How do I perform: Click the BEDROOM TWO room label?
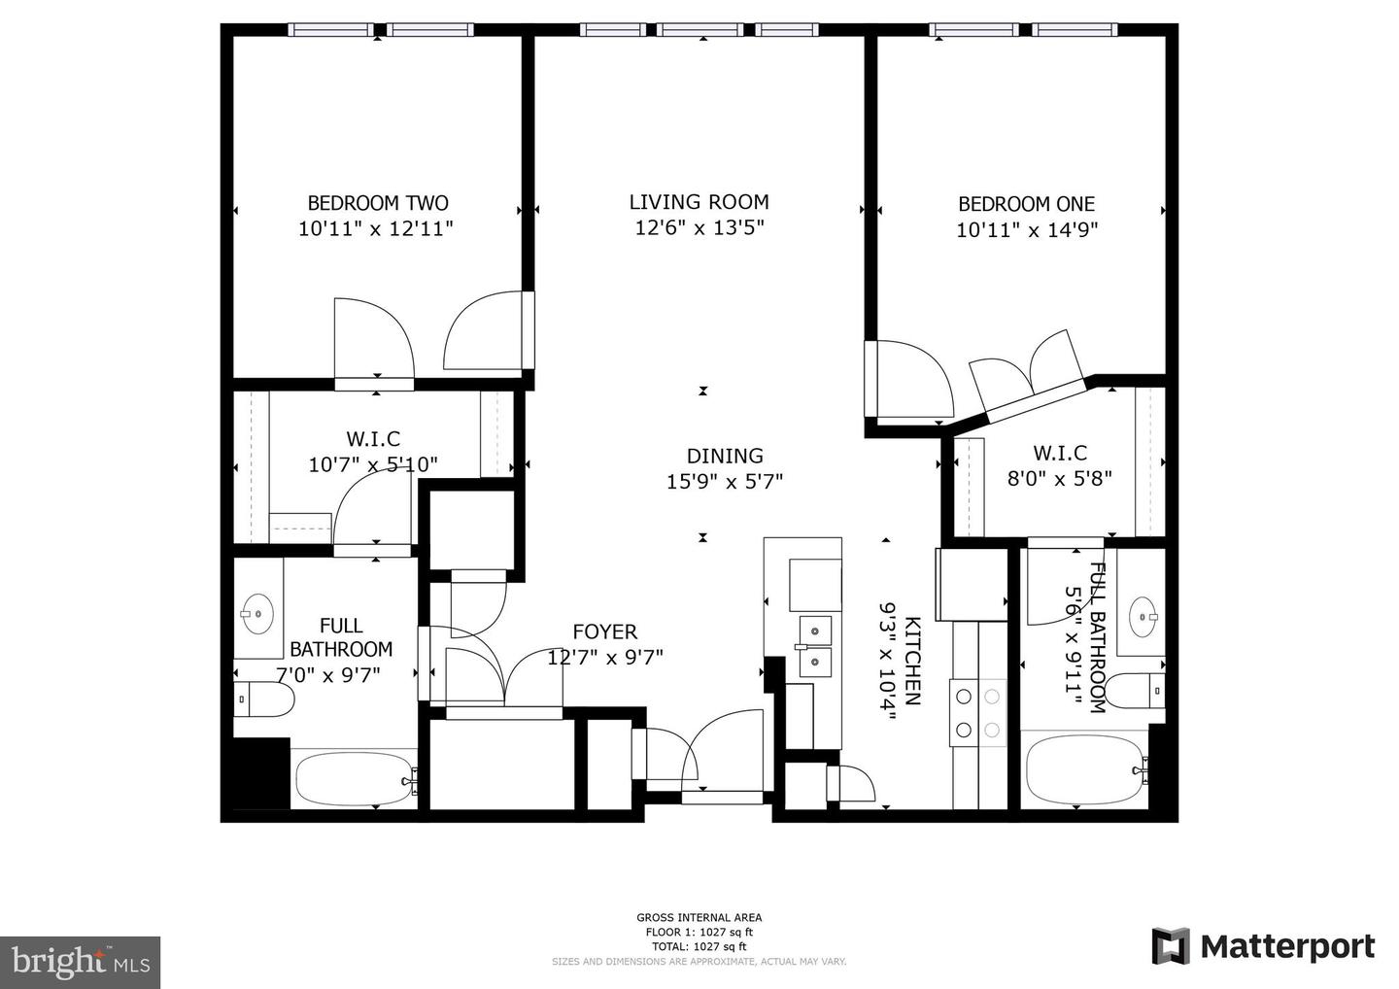pos(377,203)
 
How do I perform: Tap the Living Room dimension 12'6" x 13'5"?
pos(699,228)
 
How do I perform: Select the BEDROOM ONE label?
pos(1026,204)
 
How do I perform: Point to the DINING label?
pos(725,456)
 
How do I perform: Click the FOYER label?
pos(604,631)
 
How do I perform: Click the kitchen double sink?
pos(815,645)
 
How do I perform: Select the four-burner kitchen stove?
pos(978,713)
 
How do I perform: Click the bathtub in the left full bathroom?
pos(355,777)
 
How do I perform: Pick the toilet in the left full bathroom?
pos(264,699)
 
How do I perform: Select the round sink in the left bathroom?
pos(257,613)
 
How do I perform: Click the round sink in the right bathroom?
pos(1143,614)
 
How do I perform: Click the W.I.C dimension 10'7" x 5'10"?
pos(373,465)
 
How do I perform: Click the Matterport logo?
pos(1263,946)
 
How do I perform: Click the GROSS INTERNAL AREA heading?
pos(699,917)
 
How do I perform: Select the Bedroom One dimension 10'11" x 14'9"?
pos(1027,230)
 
